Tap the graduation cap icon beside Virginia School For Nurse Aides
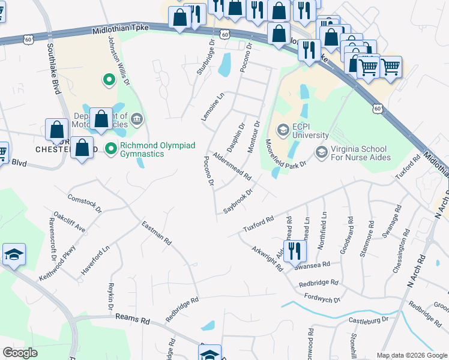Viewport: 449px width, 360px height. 321,152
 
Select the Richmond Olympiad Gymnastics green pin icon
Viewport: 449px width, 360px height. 110,148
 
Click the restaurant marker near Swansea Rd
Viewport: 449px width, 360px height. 294,251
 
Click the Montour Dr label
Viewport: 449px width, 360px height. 252,134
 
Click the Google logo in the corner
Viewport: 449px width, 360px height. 20,352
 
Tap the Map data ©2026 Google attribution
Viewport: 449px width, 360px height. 411,355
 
